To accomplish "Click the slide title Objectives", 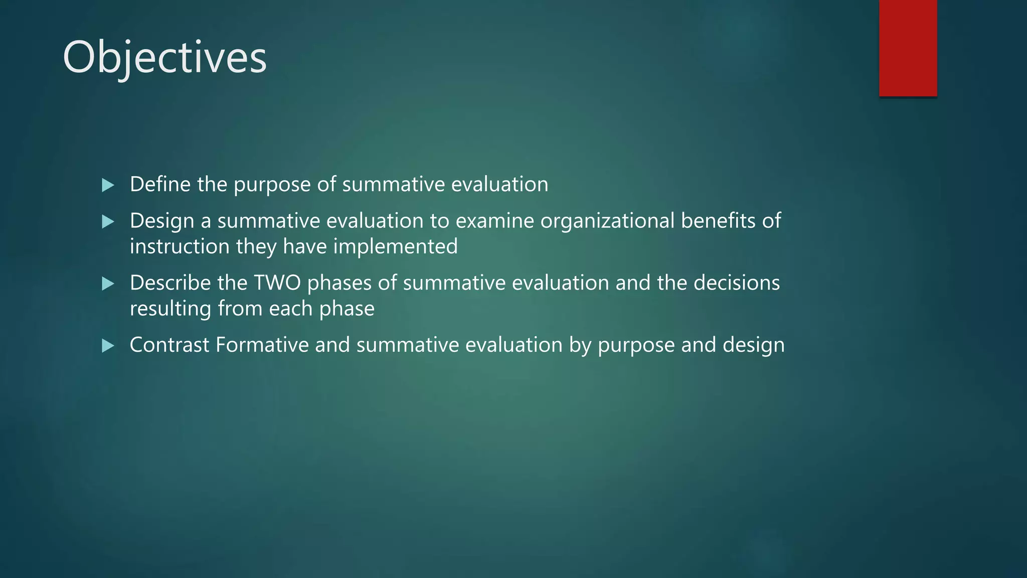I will pos(164,58).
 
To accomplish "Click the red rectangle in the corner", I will pos(908,48).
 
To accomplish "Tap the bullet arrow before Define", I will pos(108,185).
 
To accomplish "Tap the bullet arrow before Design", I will pos(108,221).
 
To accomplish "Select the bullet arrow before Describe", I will pos(108,283).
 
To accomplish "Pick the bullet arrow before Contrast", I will pos(108,346).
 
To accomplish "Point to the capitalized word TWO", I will pos(277,283).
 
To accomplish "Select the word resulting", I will pos(170,309).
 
